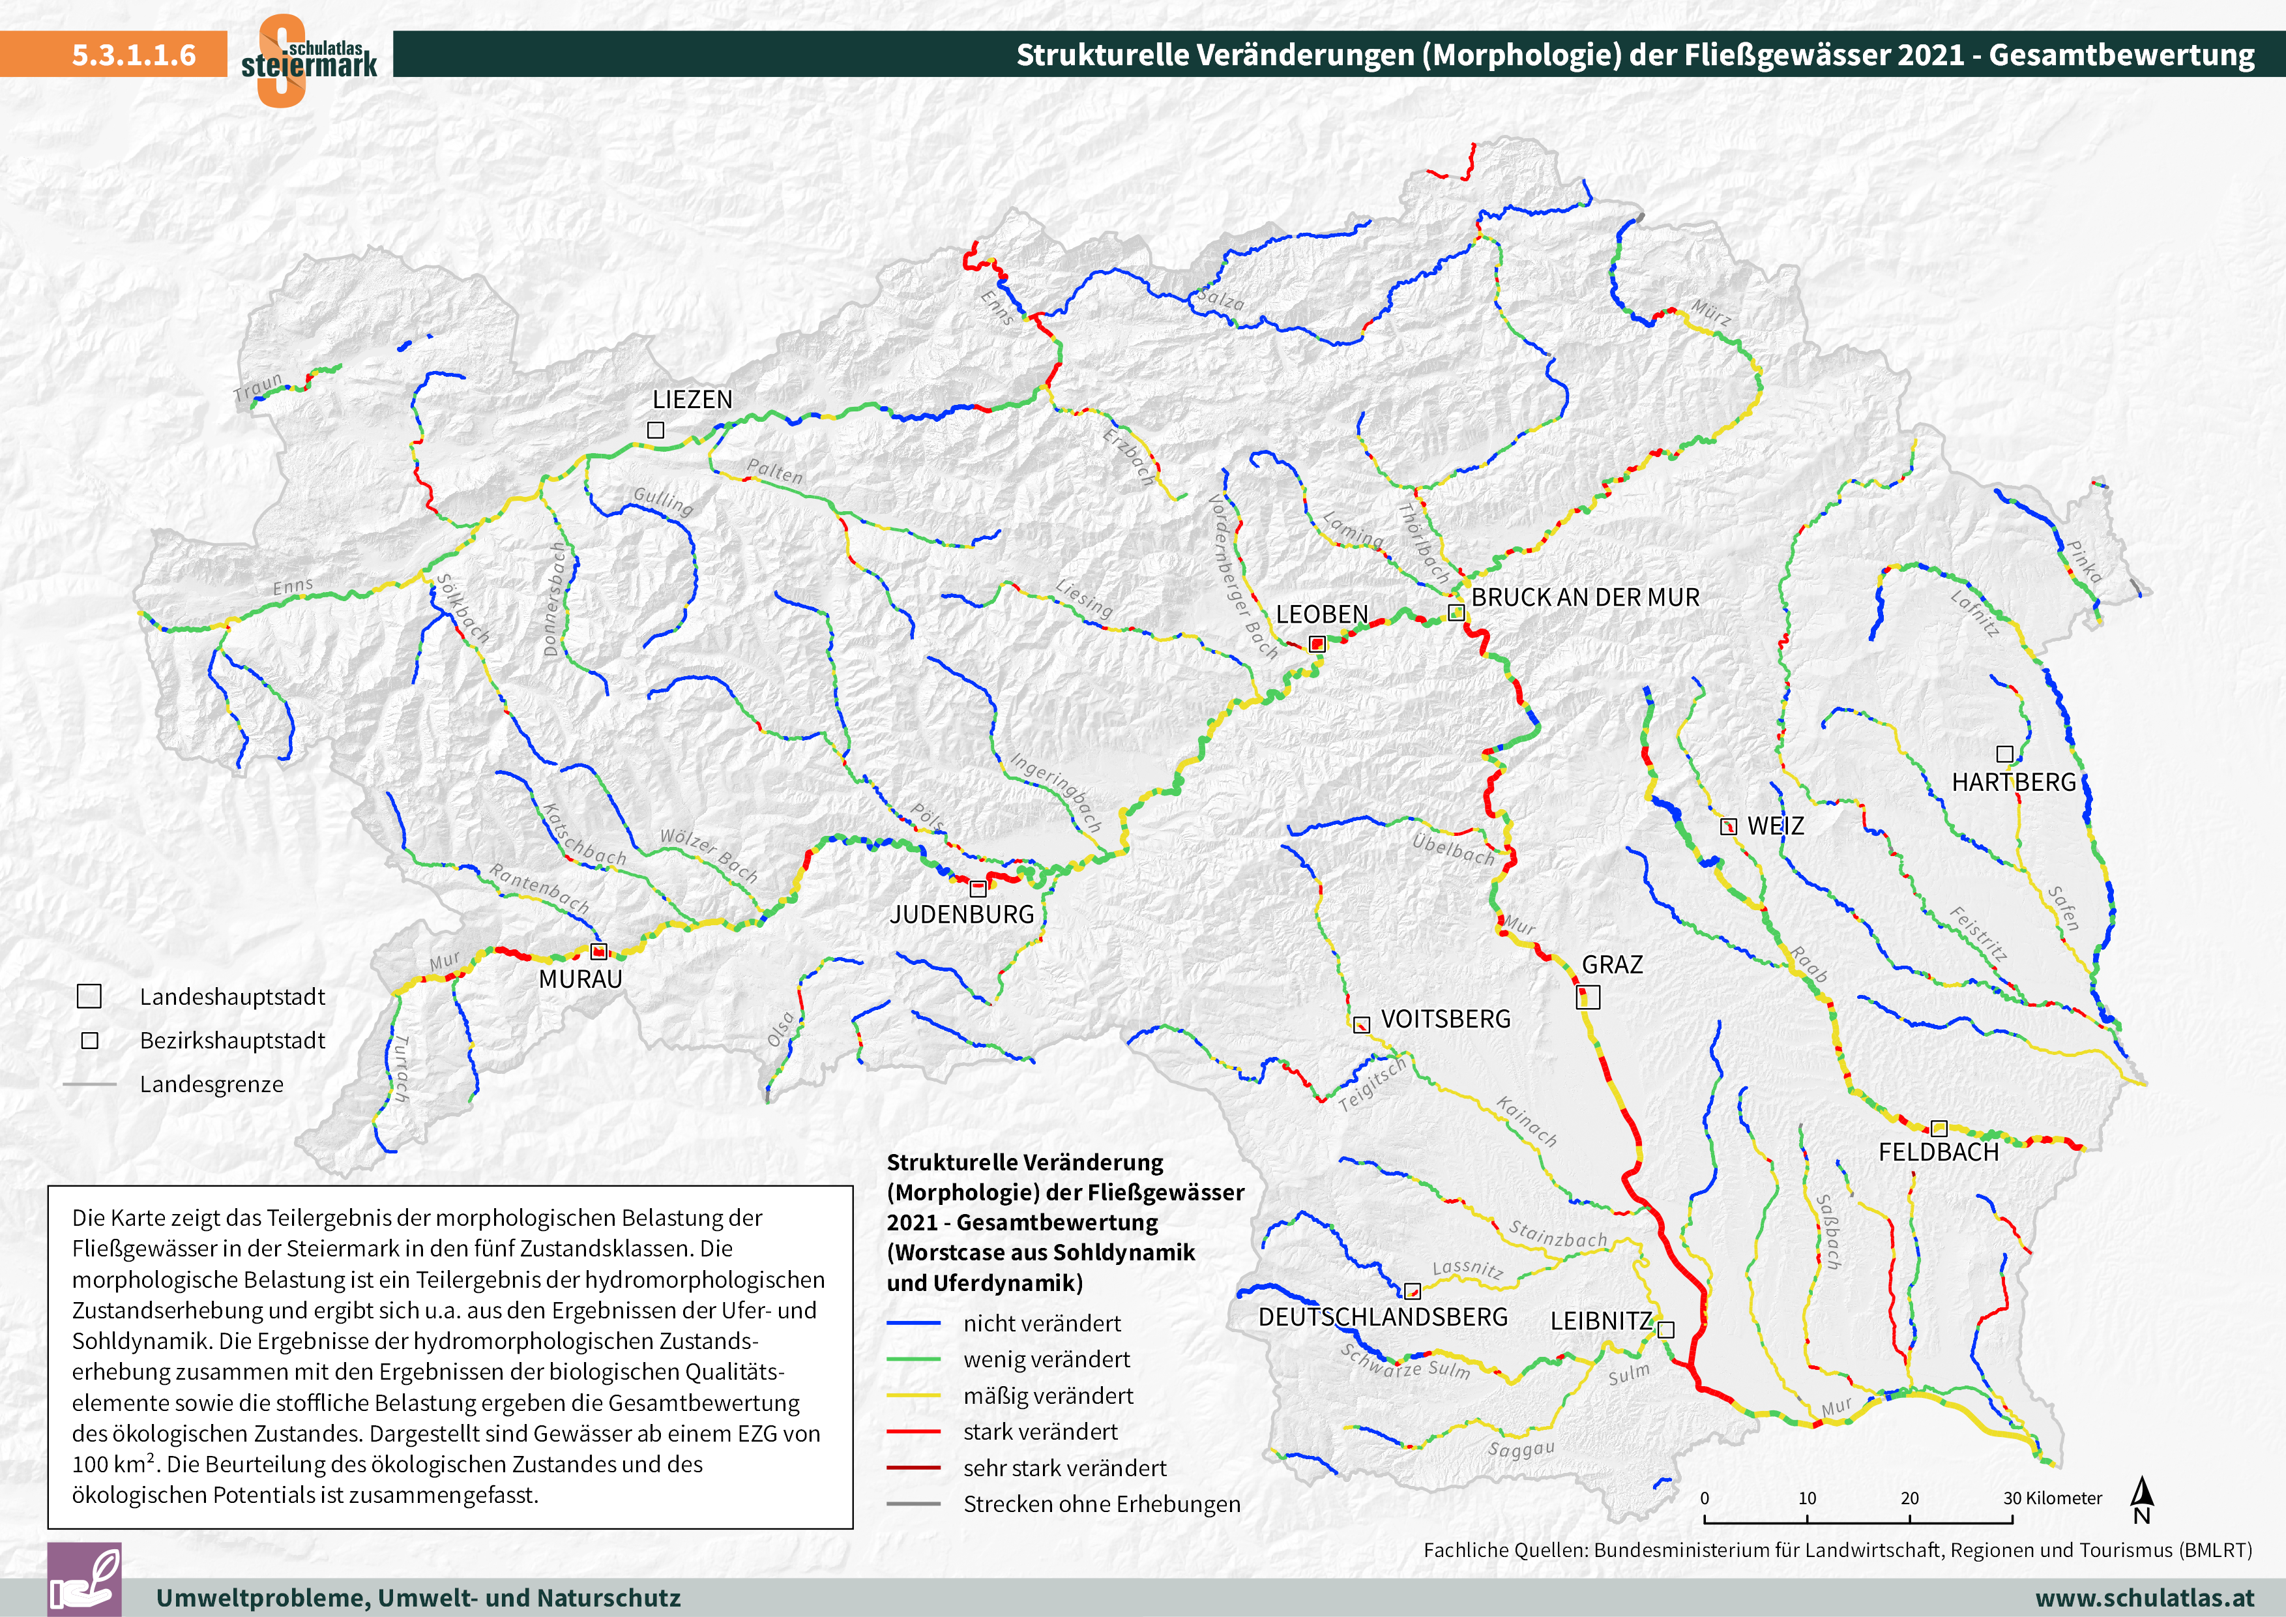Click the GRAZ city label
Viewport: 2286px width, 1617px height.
tap(1612, 965)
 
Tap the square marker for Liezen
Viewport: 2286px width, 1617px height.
tap(655, 430)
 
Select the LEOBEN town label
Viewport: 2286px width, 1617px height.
tap(1321, 614)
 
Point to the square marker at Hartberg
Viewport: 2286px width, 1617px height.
tap(2005, 754)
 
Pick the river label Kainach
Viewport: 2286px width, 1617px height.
tap(1527, 1121)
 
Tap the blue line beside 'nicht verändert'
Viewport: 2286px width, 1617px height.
tap(913, 1324)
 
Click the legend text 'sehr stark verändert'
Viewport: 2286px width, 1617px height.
tap(1064, 1468)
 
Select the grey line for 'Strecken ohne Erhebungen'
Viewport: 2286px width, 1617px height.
tap(913, 1504)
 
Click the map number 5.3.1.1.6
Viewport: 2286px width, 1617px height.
tap(134, 55)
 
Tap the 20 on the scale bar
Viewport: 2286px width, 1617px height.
tap(1909, 1498)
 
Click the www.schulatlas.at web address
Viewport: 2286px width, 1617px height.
tap(2145, 1598)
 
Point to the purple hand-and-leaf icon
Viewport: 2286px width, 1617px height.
tap(85, 1579)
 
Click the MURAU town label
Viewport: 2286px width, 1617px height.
tap(579, 979)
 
